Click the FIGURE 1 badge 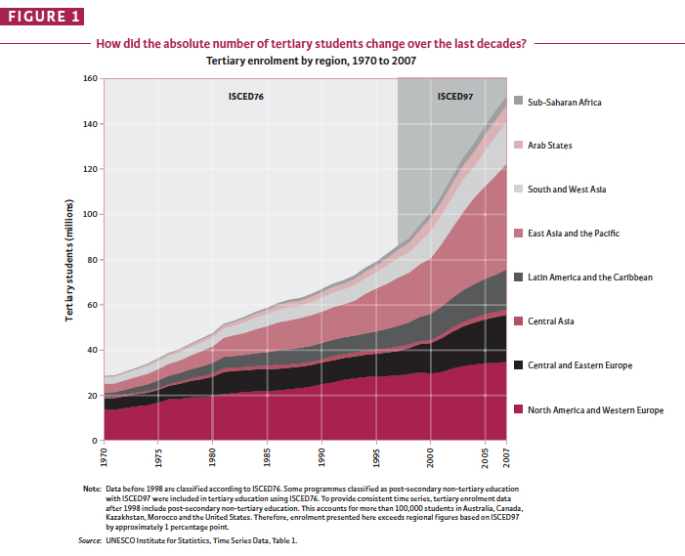pos(43,17)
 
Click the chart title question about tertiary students pos(311,43)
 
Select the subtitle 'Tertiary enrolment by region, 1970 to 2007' pos(311,61)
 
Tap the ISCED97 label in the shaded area pos(454,97)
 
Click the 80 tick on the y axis pos(92,260)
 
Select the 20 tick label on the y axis pos(92,396)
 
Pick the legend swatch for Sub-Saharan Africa pos(517,102)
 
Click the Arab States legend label pos(550,146)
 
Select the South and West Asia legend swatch pos(517,190)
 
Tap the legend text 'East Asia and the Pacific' pos(574,234)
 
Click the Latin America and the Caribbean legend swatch pos(517,278)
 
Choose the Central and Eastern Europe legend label pos(580,365)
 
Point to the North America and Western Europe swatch pos(517,409)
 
